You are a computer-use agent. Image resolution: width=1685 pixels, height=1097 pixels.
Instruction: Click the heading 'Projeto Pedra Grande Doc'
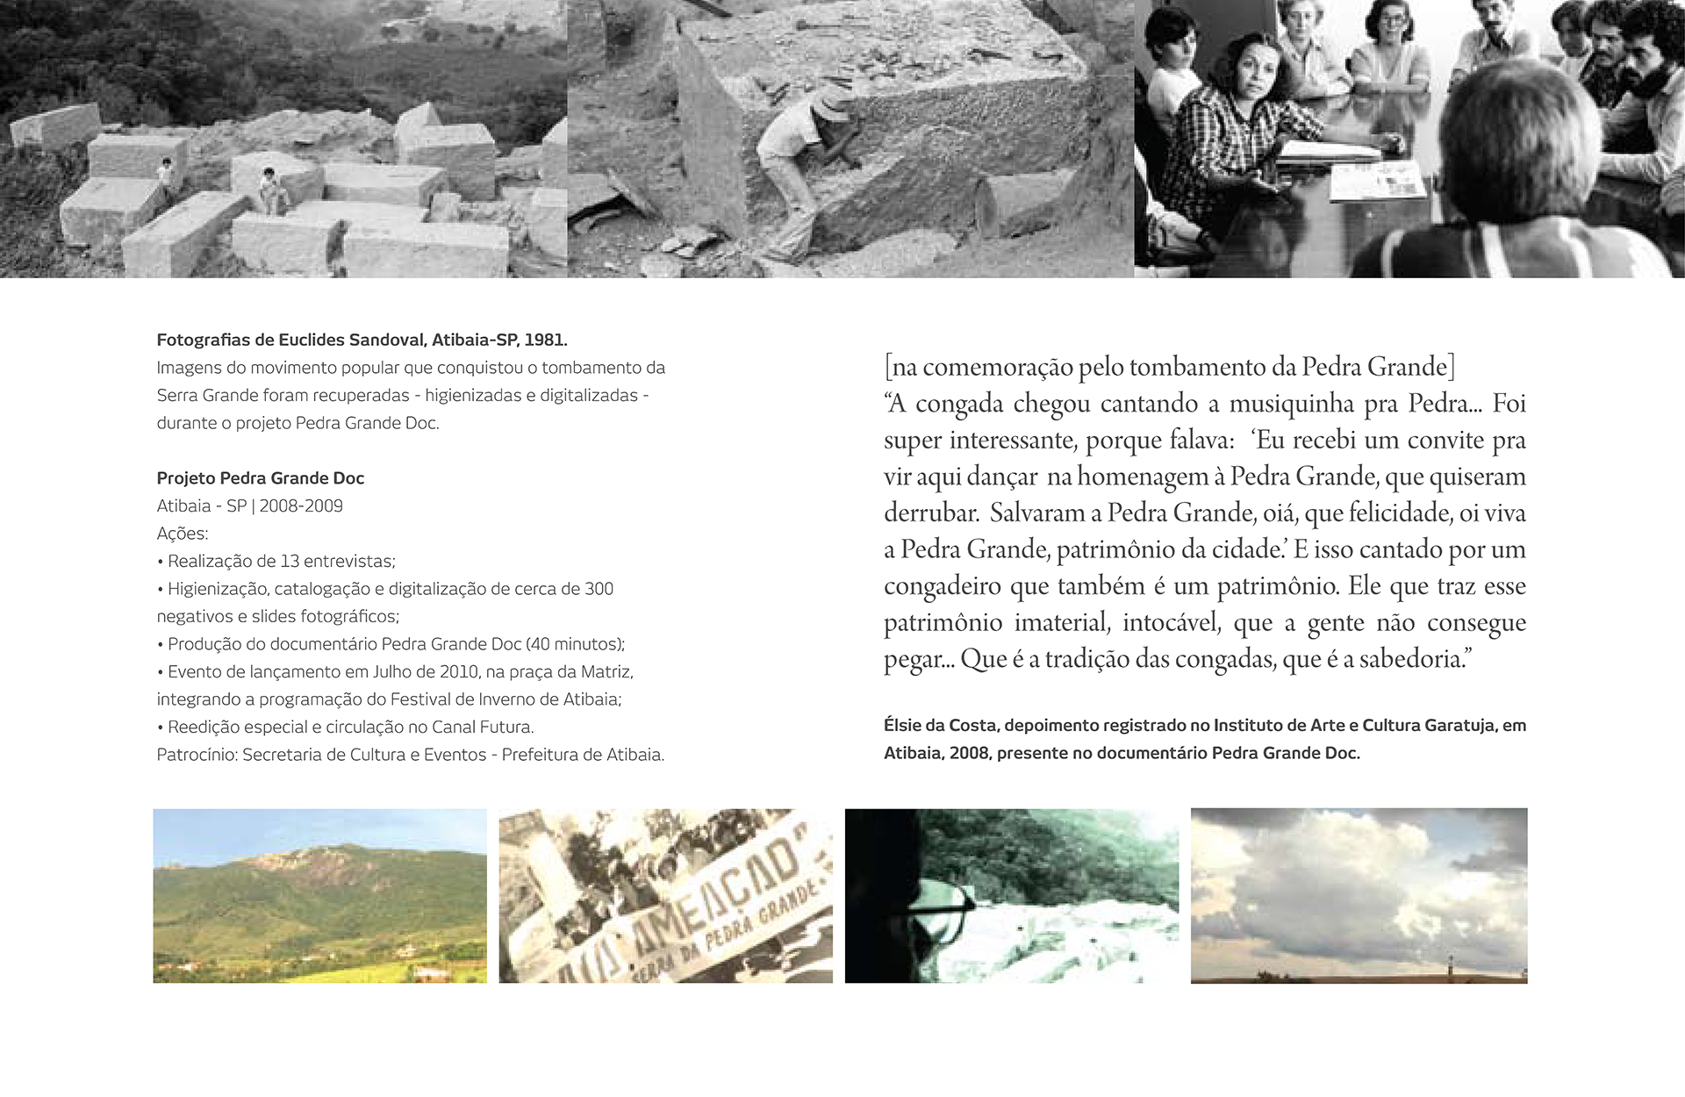click(x=260, y=478)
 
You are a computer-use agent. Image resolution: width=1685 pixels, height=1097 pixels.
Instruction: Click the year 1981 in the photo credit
click(x=545, y=340)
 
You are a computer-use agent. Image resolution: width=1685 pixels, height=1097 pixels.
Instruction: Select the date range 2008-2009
click(x=301, y=506)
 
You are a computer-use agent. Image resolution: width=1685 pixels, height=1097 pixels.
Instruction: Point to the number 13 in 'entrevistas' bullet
click(x=290, y=562)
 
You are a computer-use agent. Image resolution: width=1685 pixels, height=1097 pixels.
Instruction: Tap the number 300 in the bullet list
click(x=599, y=589)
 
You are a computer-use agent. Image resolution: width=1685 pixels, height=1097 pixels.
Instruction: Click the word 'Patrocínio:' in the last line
click(x=197, y=755)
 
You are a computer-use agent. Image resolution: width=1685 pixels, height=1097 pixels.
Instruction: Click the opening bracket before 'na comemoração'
click(x=888, y=367)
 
